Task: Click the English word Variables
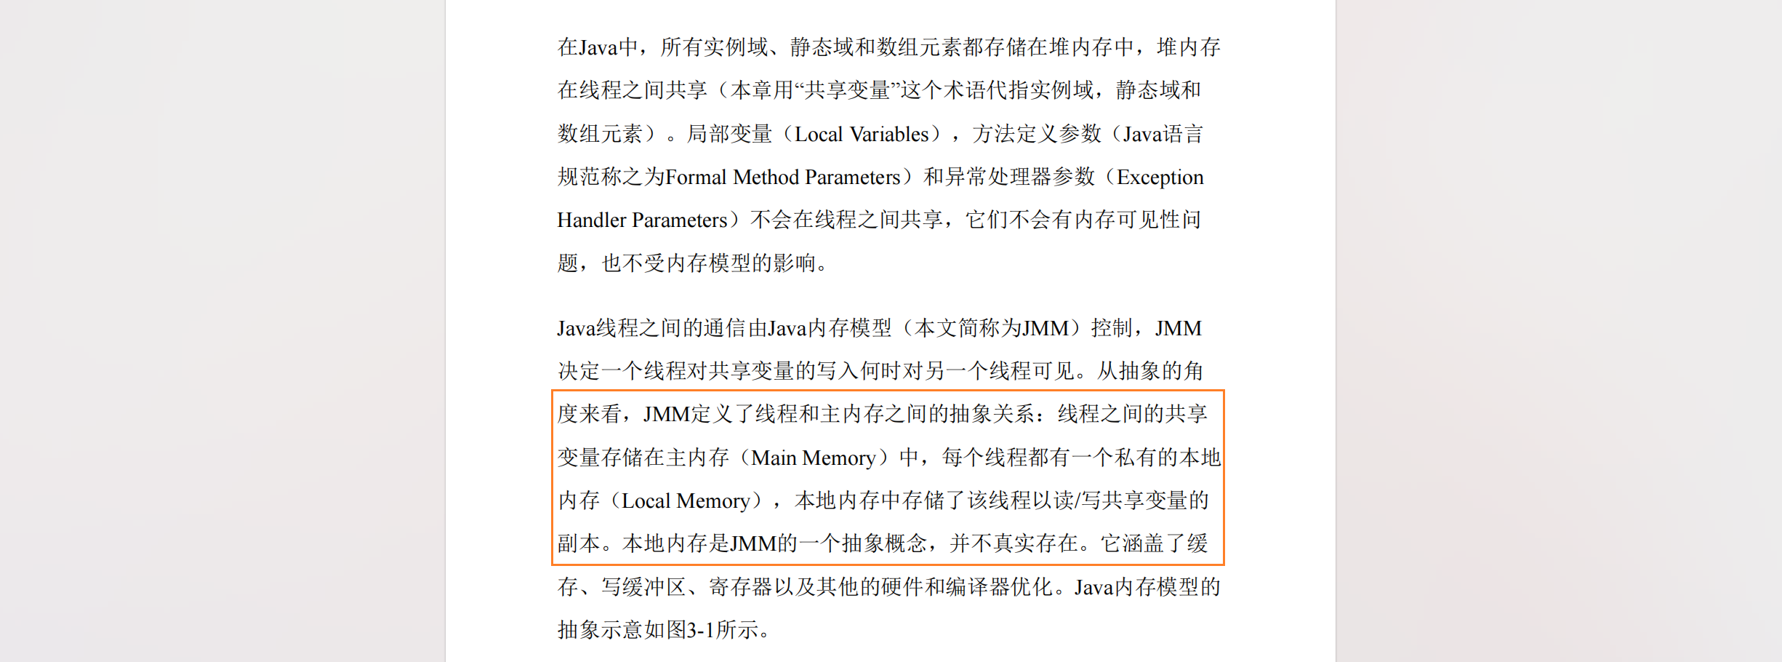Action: (x=889, y=135)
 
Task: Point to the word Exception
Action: (x=1160, y=178)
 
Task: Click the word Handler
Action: (x=591, y=220)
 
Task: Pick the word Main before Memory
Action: (x=774, y=458)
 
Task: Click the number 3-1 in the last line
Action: (x=701, y=630)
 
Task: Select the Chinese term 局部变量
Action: (x=729, y=135)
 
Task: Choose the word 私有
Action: (x=1136, y=458)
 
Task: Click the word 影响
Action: (x=795, y=263)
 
